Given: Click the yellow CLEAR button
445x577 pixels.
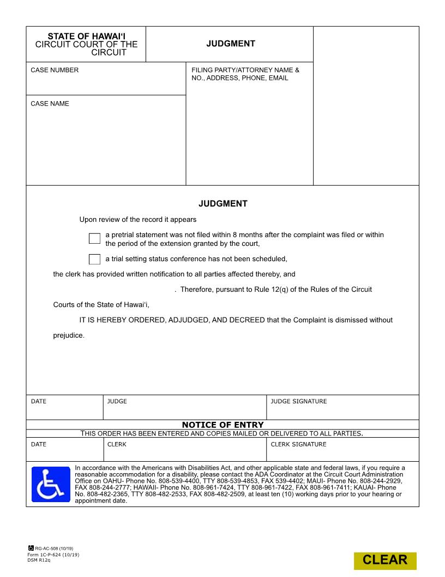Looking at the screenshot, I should point(384,560).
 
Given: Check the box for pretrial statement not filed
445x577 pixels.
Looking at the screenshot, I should point(94,238).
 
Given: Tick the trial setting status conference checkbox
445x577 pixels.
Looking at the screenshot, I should point(94,259).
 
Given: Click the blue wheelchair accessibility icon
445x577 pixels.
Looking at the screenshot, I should point(51,484).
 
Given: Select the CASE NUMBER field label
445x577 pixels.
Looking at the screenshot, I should point(55,70).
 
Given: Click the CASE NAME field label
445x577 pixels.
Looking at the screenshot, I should point(50,103).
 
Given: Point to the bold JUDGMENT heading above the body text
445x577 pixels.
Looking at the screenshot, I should point(222,204).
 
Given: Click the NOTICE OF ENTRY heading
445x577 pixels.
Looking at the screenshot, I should point(222,425).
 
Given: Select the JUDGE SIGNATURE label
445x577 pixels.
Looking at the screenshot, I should point(298,402).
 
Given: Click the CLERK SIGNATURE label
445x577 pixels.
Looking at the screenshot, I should point(298,444).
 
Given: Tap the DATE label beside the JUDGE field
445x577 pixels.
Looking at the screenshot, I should point(39,402).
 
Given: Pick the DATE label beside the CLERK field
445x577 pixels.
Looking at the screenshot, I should point(39,444).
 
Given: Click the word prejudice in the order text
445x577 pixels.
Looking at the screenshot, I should point(69,335).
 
